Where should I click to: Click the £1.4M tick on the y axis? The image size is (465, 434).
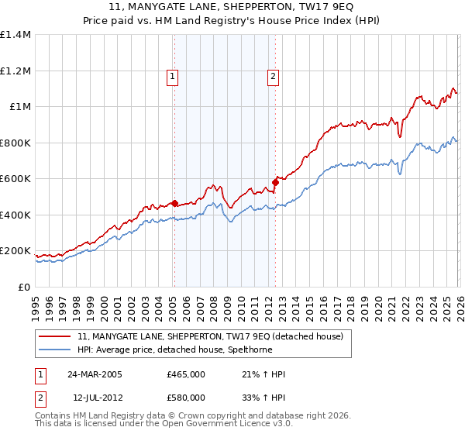15,35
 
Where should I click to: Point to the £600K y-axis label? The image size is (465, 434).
15,179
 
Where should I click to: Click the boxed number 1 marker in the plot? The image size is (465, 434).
171,76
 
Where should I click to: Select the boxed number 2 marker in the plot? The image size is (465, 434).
274,76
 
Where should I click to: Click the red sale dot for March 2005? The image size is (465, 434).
174,204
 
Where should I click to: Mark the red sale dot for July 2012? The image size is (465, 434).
274,183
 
